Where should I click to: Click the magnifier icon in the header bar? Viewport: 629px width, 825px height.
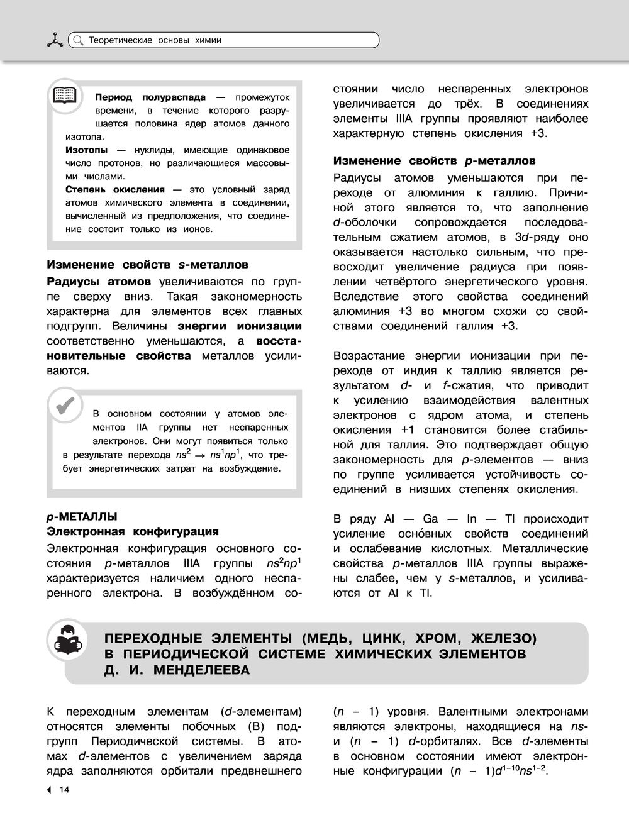(77, 40)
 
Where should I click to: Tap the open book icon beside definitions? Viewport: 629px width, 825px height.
(65, 96)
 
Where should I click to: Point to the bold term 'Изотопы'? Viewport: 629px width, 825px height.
(86, 150)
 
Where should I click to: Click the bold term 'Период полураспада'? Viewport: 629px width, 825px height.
(150, 97)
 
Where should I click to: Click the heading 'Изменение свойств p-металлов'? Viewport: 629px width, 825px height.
(434, 160)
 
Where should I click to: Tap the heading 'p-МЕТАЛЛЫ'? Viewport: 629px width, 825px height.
(82, 517)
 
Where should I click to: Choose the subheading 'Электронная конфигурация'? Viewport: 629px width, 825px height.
(133, 532)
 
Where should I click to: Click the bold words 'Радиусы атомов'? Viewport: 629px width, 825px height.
(99, 281)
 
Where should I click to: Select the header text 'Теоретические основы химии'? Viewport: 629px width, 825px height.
(155, 40)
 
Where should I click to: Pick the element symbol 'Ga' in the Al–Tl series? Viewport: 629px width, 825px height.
(430, 519)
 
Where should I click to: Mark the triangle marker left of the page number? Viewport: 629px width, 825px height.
(50, 790)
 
